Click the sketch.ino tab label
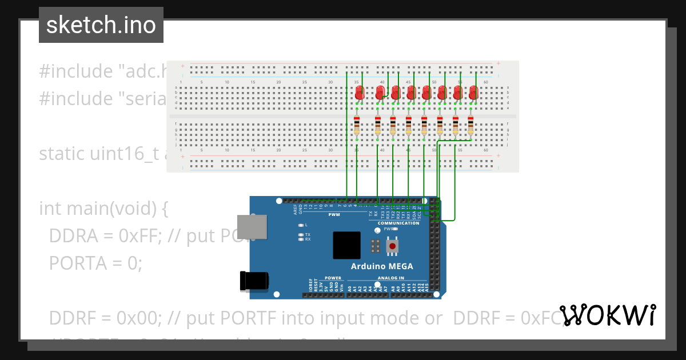point(101,25)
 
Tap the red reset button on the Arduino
point(392,246)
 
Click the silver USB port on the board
point(252,227)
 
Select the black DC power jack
point(254,281)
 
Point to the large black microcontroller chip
point(347,245)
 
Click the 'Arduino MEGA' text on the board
point(381,266)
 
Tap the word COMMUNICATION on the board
point(398,223)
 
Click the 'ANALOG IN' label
point(390,278)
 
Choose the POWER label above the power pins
point(333,278)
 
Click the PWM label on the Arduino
point(334,215)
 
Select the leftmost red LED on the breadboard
point(360,93)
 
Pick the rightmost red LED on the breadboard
point(473,93)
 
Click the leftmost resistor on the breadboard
point(357,126)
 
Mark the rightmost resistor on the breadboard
point(470,126)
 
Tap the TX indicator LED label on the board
point(308,234)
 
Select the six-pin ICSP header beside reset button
point(375,246)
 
